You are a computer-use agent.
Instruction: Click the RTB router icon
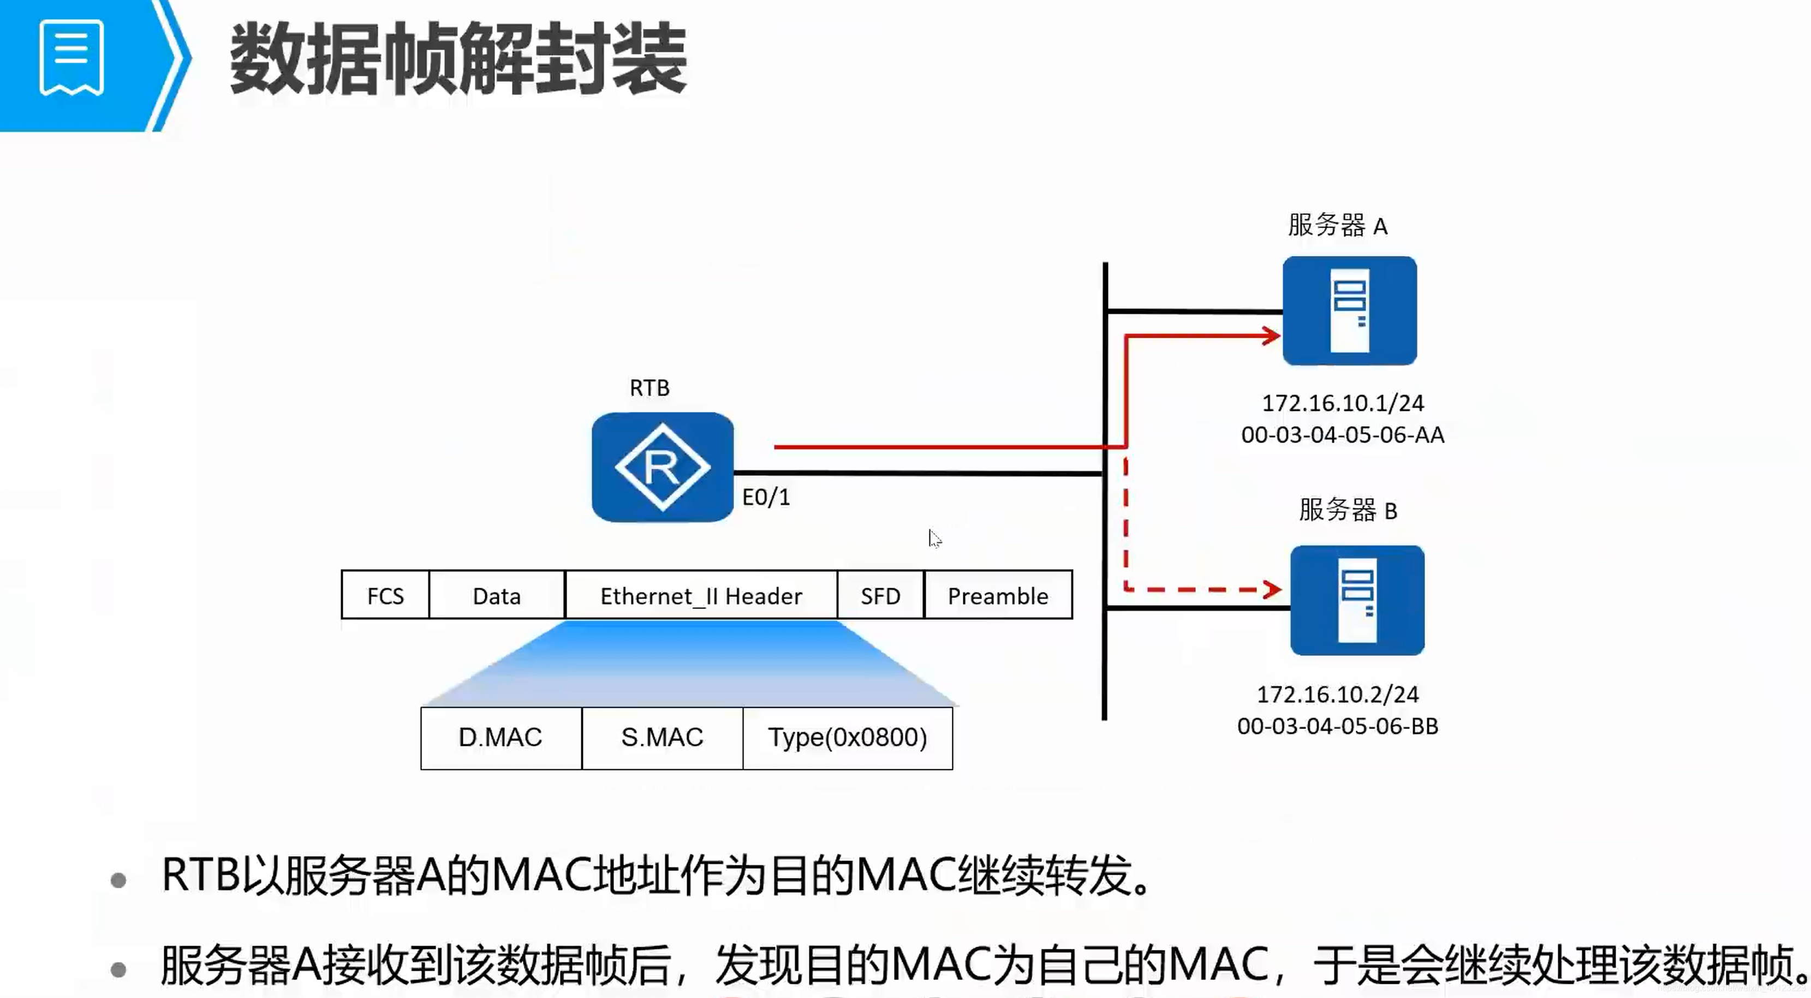pos(662,468)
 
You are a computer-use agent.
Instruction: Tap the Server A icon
pos(1349,310)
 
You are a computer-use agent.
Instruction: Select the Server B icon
pos(1357,600)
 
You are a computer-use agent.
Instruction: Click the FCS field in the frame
pos(385,596)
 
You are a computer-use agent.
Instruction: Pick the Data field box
pos(496,596)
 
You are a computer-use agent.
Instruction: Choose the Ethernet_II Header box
pos(701,596)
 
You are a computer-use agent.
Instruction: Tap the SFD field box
pos(880,596)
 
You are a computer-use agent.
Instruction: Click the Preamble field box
pos(998,596)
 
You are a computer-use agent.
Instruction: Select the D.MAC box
pos(501,737)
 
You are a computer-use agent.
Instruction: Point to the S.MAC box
pos(662,737)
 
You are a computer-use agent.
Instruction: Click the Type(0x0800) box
pos(847,737)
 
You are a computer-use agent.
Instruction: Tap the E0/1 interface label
pos(766,497)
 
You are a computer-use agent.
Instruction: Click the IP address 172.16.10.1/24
pos(1342,403)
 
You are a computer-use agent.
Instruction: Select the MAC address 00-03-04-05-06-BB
pos(1337,726)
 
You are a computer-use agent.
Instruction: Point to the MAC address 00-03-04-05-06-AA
pos(1342,435)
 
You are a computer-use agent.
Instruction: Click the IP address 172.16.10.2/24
pos(1337,695)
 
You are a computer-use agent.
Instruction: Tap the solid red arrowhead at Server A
pos(1271,336)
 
